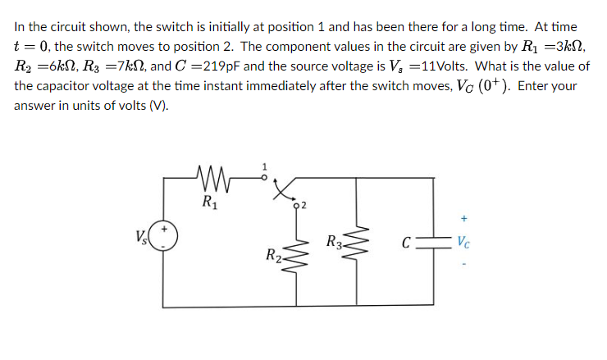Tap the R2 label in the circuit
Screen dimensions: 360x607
coord(273,257)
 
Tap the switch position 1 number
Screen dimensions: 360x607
coord(263,166)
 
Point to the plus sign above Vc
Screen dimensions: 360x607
coord(464,219)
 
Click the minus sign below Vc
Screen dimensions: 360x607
coord(464,265)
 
